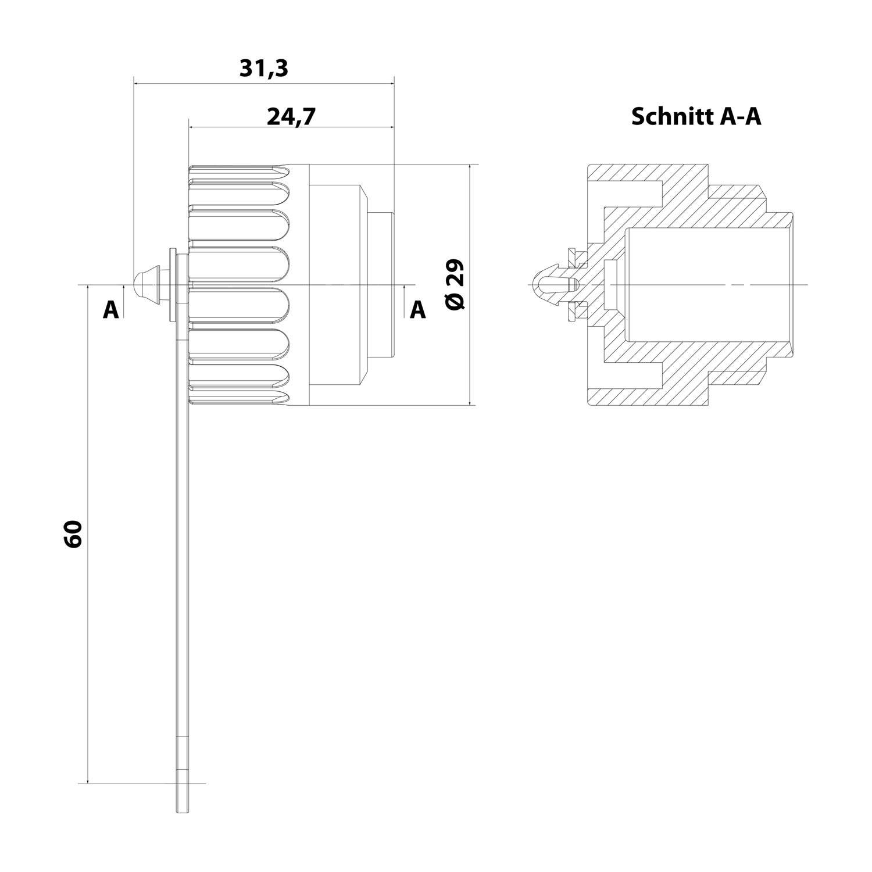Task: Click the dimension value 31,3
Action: click(x=263, y=69)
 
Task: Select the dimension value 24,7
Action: click(x=291, y=116)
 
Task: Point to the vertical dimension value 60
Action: click(x=74, y=534)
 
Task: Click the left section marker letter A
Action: click(x=110, y=310)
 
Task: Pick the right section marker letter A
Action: click(x=417, y=310)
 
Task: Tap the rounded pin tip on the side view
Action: click(x=140, y=285)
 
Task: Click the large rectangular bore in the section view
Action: click(x=709, y=285)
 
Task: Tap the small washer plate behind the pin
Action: click(x=171, y=285)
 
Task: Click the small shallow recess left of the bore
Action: click(x=610, y=285)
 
